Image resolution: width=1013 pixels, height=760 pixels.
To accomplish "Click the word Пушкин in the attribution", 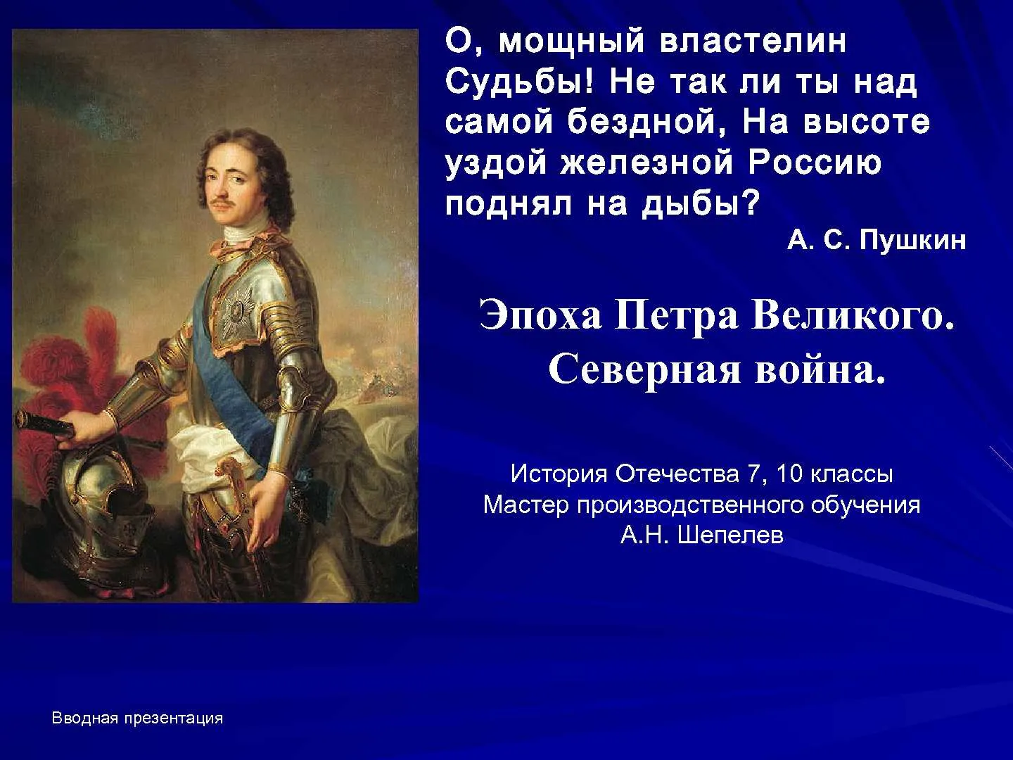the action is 912,241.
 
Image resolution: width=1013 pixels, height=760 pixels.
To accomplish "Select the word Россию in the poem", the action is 815,163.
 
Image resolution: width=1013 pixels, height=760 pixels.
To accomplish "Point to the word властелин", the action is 753,42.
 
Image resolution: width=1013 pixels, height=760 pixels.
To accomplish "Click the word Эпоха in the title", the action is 540,317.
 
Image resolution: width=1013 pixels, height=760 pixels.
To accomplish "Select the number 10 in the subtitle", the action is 789,474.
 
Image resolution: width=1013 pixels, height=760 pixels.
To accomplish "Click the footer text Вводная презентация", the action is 137,718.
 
